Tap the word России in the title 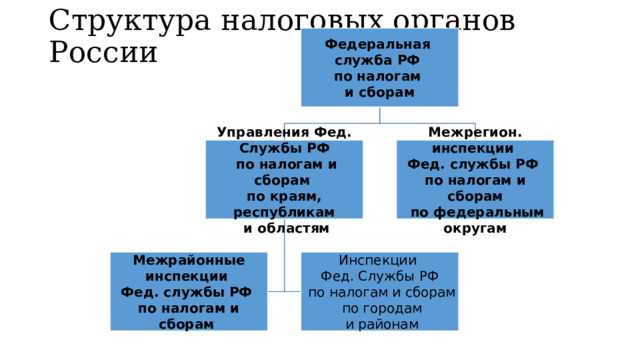102,51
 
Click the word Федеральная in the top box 379,45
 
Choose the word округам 474,228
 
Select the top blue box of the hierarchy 379,68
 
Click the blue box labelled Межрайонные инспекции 189,291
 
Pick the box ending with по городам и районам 380,291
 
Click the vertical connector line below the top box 379,114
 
